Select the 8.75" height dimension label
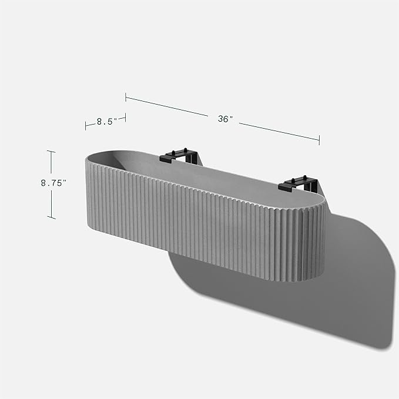(53, 183)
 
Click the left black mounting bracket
(180, 156)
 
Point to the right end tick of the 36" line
(319, 140)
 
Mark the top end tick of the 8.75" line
(51, 152)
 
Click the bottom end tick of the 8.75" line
(51, 217)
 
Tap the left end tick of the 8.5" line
(86, 125)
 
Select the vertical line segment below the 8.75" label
(51, 203)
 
